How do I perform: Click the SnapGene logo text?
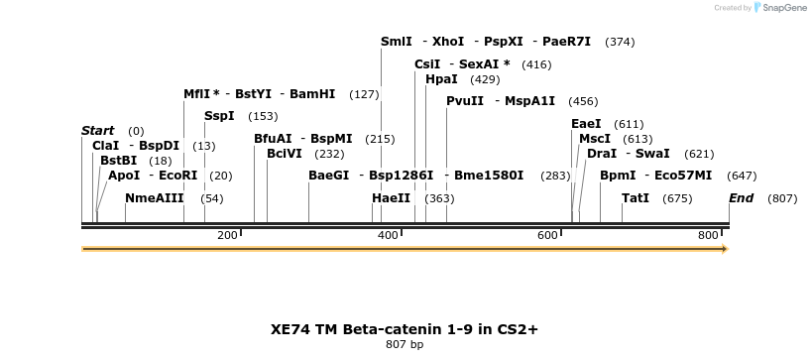pyautogui.click(x=784, y=8)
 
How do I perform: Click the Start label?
pyautogui.click(x=97, y=131)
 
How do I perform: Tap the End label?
pyautogui.click(x=741, y=198)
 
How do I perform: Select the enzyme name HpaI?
pyautogui.click(x=441, y=78)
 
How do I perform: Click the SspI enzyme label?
pyautogui.click(x=219, y=116)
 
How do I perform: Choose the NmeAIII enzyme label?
pyautogui.click(x=155, y=198)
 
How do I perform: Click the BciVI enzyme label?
pyautogui.click(x=285, y=154)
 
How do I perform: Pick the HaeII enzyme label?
pyautogui.click(x=391, y=198)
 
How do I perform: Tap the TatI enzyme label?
pyautogui.click(x=636, y=198)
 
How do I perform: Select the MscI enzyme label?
pyautogui.click(x=595, y=139)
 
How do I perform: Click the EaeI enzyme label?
pyautogui.click(x=586, y=124)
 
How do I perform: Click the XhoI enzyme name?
pyautogui.click(x=448, y=42)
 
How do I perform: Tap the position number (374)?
pyautogui.click(x=621, y=42)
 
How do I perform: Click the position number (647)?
pyautogui.click(x=742, y=176)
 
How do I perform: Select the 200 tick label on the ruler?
pyautogui.click(x=227, y=235)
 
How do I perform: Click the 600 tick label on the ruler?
pyautogui.click(x=548, y=235)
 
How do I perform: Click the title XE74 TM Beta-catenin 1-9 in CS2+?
pyautogui.click(x=405, y=328)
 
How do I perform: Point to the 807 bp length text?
pyautogui.click(x=405, y=345)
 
